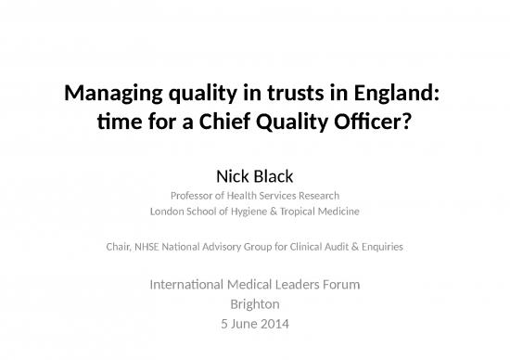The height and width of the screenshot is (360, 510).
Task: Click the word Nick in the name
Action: point(230,173)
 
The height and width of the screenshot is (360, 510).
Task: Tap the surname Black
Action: point(275,173)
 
